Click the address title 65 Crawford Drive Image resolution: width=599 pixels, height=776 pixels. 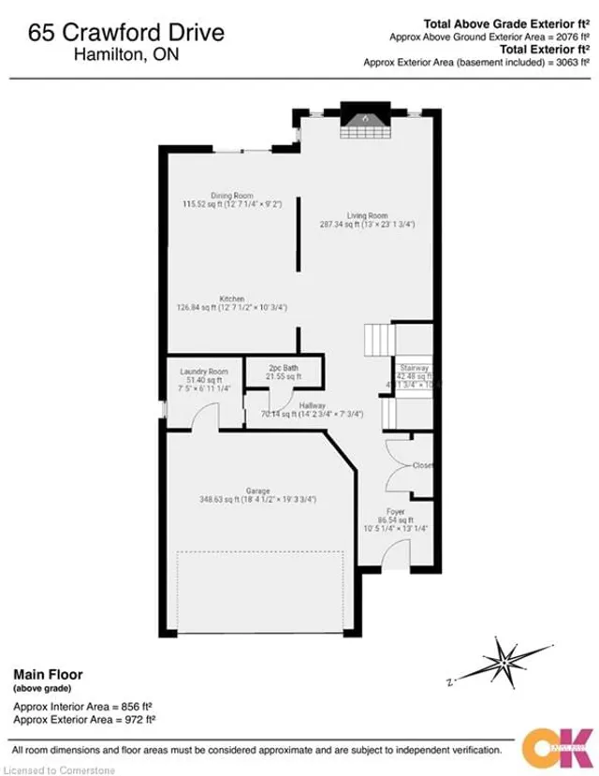click(x=126, y=34)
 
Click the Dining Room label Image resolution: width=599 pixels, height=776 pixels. click(x=231, y=196)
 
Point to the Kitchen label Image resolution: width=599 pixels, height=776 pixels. click(x=232, y=299)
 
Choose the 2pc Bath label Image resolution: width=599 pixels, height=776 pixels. click(x=283, y=368)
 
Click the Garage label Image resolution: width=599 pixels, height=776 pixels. click(x=257, y=490)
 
